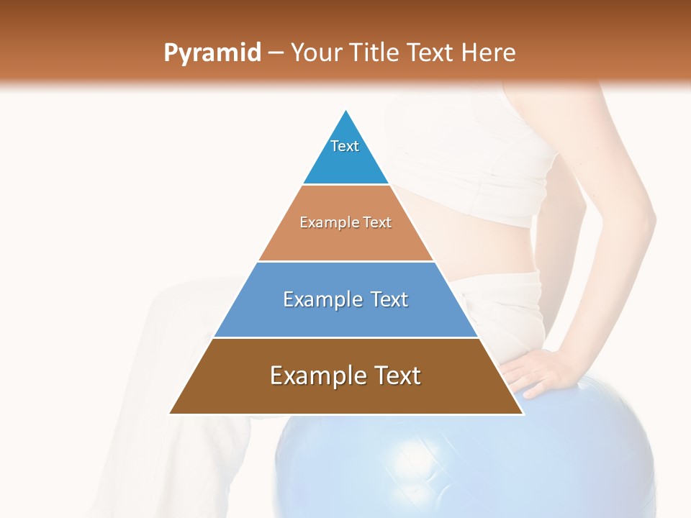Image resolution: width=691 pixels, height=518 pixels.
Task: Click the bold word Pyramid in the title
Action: click(x=212, y=53)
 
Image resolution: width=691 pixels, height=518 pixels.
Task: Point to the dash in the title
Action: click(x=275, y=53)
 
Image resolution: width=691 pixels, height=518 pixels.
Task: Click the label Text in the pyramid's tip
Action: click(x=345, y=146)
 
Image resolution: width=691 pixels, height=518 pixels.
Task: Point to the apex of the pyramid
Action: click(x=346, y=111)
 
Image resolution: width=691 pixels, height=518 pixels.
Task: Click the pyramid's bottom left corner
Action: click(x=170, y=413)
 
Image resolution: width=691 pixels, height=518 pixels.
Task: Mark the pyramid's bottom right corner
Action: click(x=523, y=413)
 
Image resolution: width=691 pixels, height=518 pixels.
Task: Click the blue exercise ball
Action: click(x=461, y=460)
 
